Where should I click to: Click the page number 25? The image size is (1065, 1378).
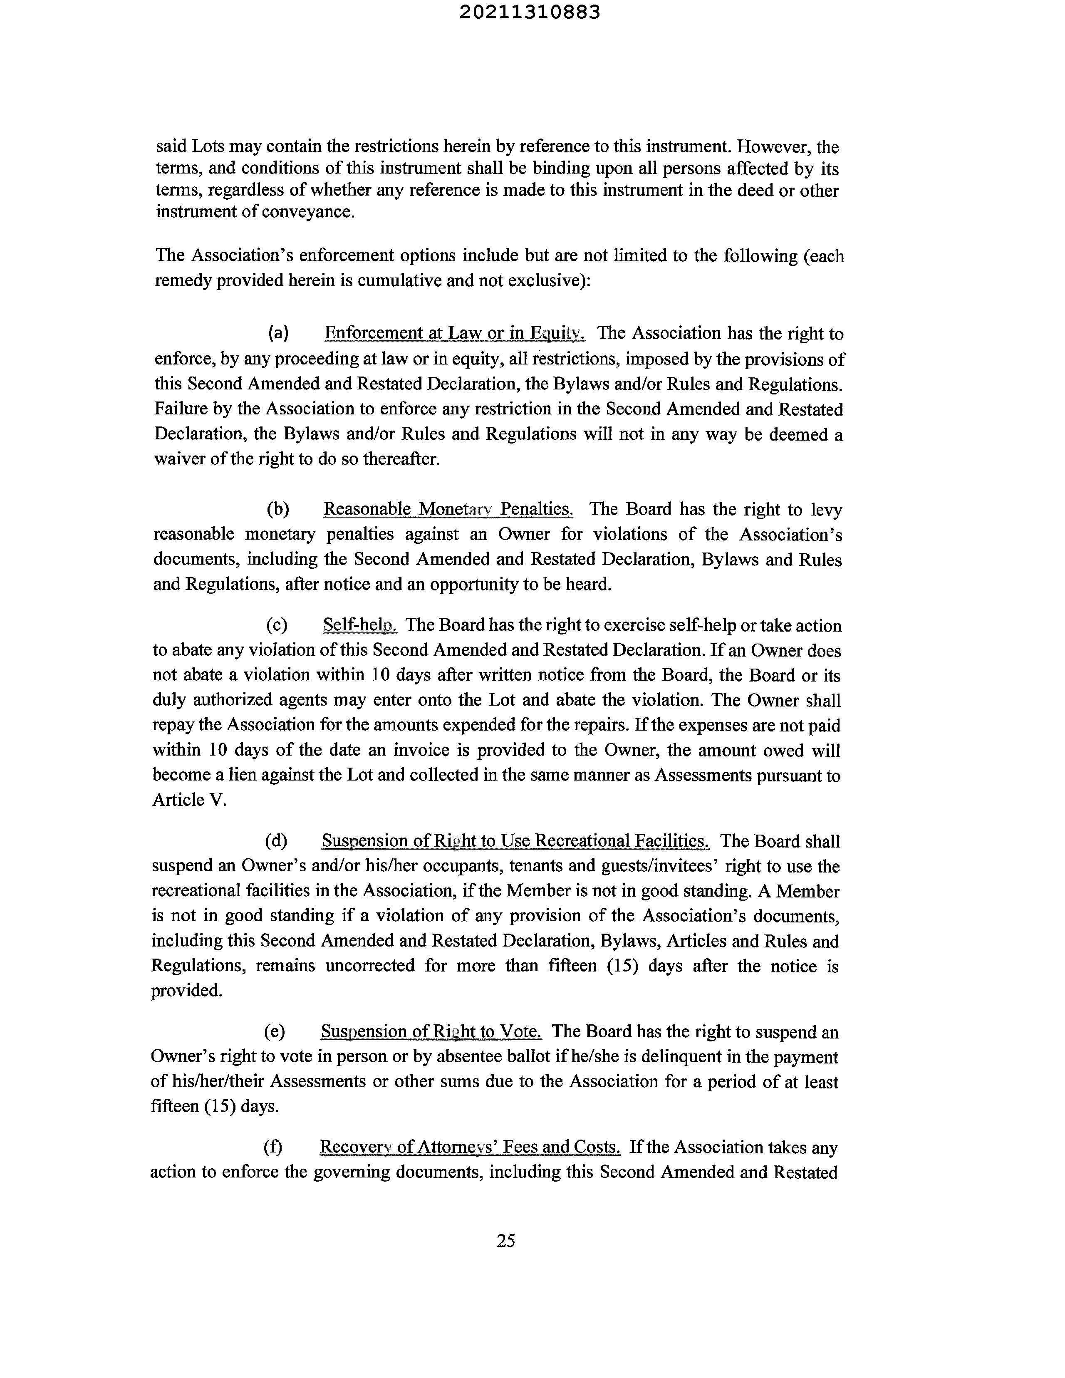[506, 1240]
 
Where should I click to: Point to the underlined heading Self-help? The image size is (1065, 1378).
[359, 625]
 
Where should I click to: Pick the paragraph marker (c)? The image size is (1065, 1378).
[277, 625]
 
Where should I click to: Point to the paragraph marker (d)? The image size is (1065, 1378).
[276, 840]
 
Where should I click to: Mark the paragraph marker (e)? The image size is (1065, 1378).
[275, 1031]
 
